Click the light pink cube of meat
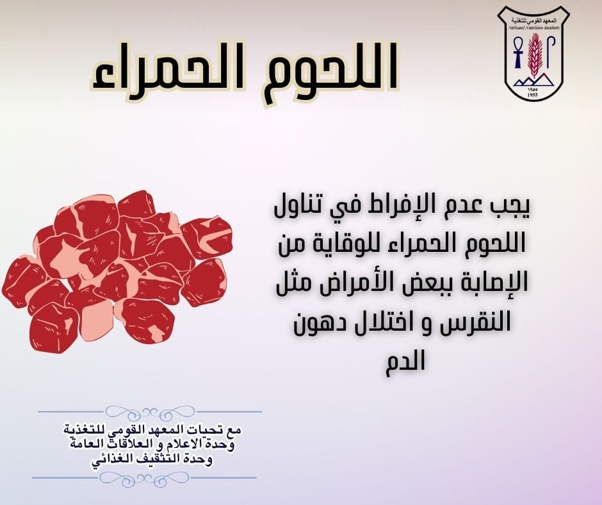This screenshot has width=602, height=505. pos(96,319)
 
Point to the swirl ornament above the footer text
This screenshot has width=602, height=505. pos(150,411)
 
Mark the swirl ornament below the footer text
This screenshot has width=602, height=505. pos(144,478)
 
